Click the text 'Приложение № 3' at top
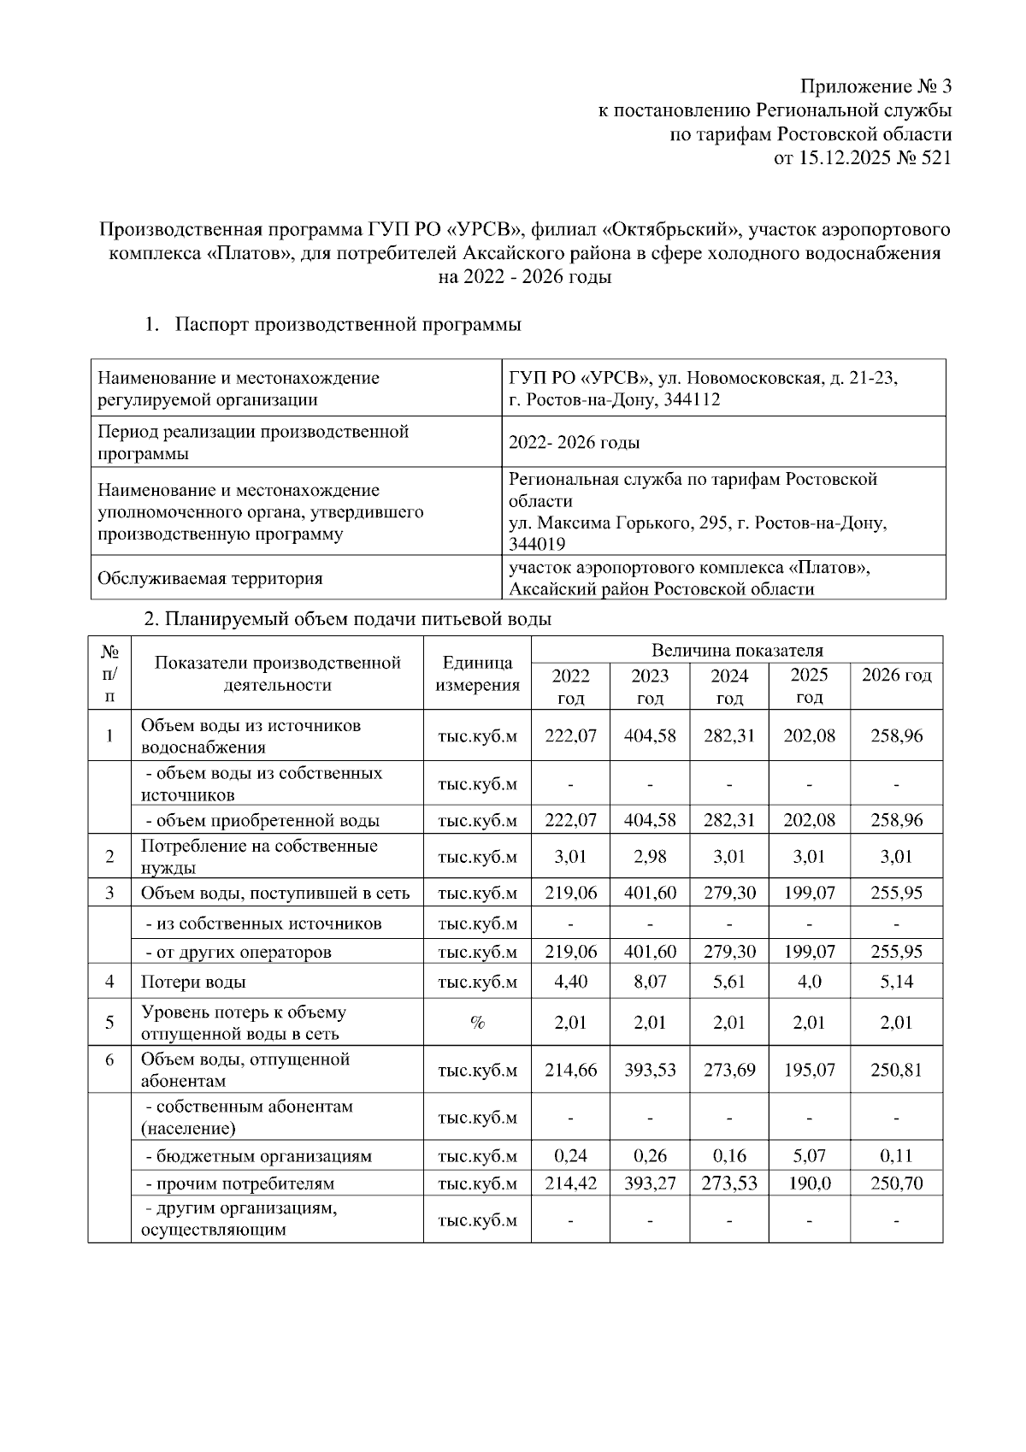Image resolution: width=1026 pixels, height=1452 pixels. (875, 86)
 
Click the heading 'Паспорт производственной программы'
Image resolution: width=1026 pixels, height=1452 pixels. (348, 325)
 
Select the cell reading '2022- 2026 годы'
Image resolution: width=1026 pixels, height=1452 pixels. (574, 443)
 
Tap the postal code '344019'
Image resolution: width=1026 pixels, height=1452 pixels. (536, 544)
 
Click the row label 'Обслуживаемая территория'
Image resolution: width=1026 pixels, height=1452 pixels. (210, 578)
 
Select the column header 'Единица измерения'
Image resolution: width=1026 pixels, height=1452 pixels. (477, 673)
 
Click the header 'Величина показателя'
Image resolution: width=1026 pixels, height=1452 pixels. (736, 650)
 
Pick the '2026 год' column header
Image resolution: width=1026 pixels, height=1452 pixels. (897, 676)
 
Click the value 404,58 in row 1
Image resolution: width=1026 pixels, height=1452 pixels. (650, 735)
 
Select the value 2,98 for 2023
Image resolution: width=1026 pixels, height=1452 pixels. (650, 857)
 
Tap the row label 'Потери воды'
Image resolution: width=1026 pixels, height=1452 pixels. (193, 983)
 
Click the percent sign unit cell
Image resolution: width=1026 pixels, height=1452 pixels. (477, 1023)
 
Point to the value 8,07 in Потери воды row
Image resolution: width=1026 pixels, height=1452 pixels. (650, 982)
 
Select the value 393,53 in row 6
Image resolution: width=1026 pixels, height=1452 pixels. (650, 1070)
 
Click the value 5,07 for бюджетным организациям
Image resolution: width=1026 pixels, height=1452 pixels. (809, 1156)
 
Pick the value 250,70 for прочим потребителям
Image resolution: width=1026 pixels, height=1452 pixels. (897, 1184)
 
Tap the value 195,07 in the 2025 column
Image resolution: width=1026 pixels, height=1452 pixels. (809, 1070)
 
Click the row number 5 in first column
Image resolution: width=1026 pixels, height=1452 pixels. (109, 1023)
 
